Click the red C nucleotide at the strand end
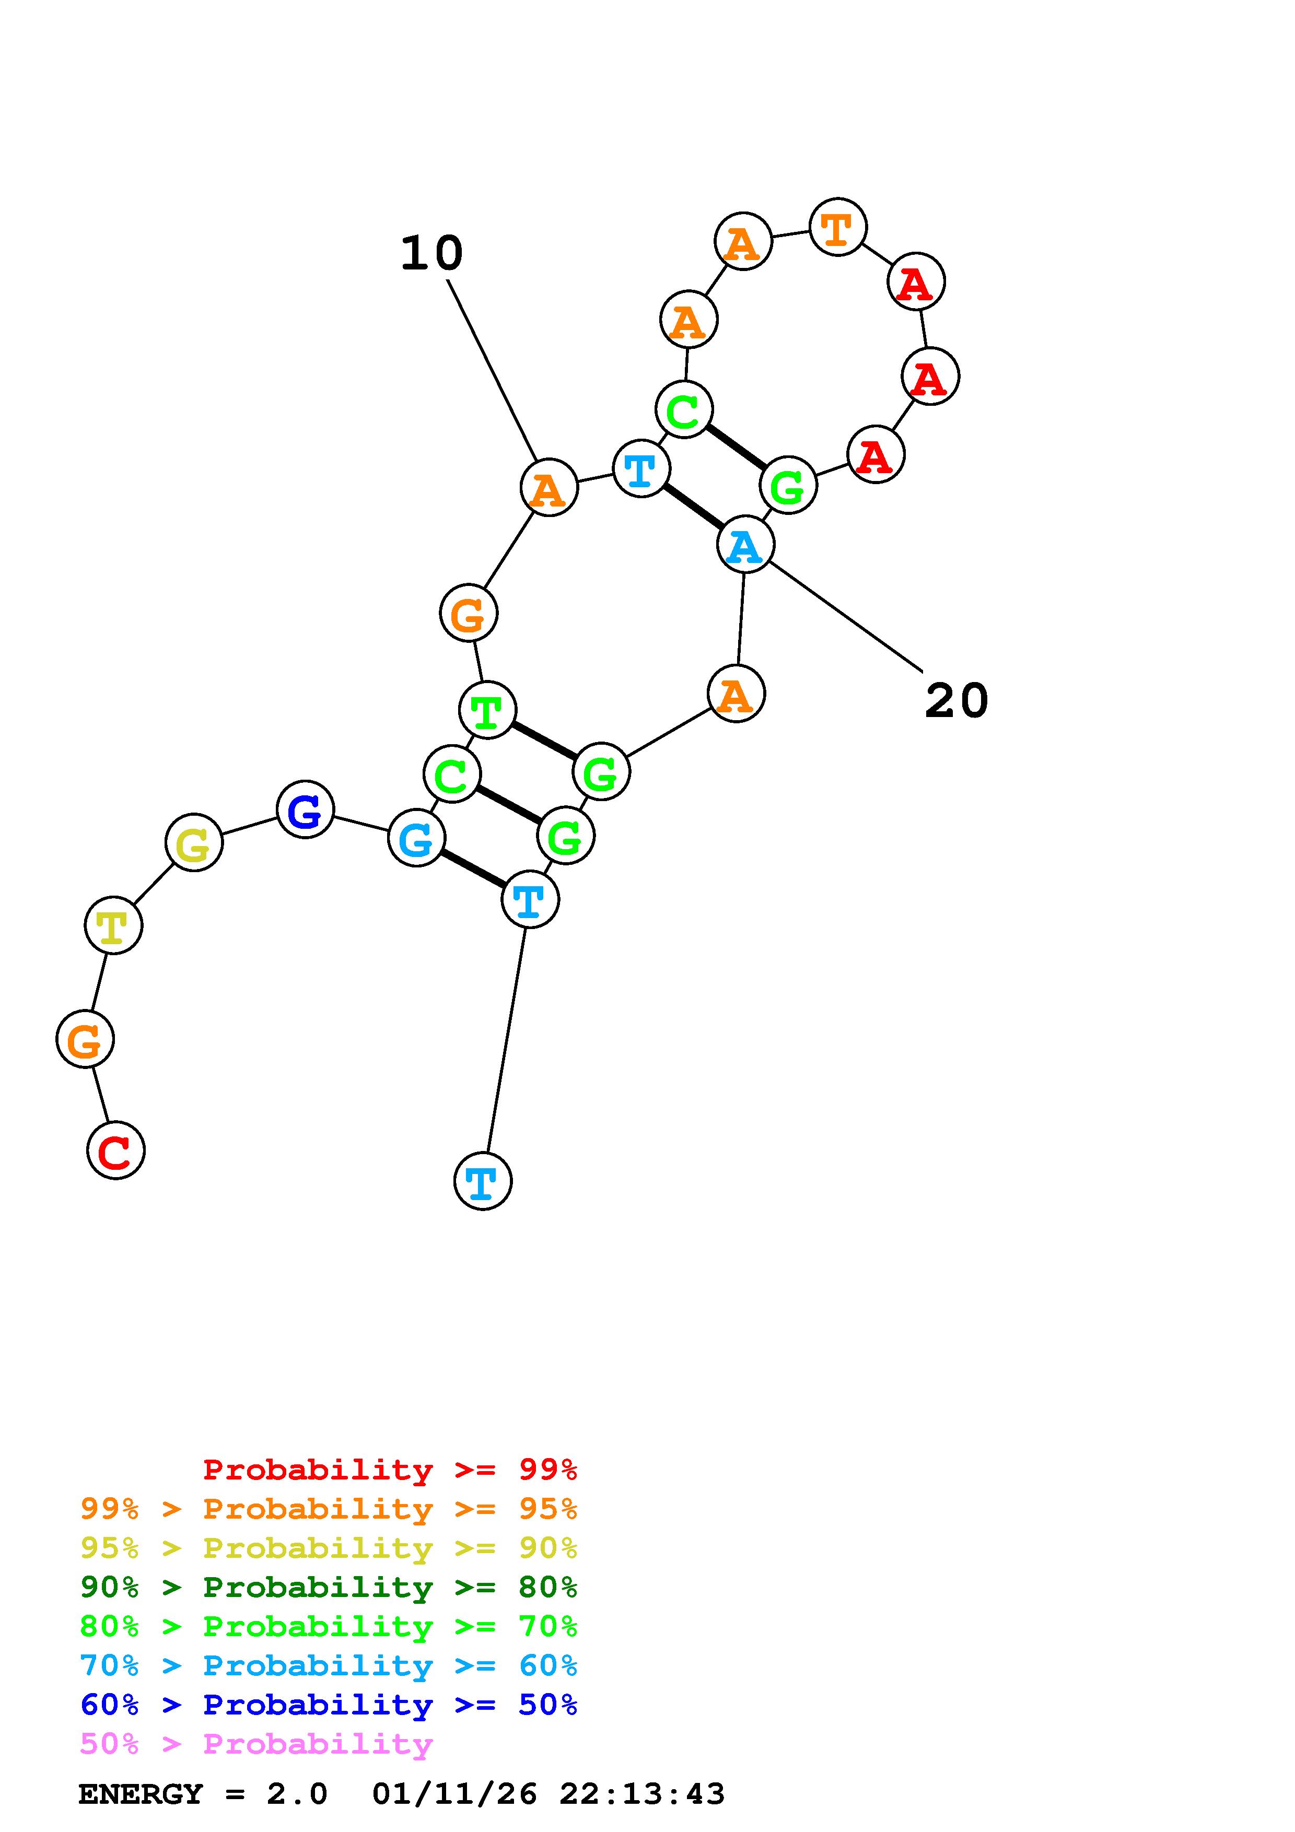coord(115,1150)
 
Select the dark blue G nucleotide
coord(305,810)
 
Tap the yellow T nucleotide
coord(113,925)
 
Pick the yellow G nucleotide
coord(194,842)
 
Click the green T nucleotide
coord(487,710)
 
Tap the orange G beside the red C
coord(85,1039)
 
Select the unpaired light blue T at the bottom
coord(483,1181)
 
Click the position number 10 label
coord(431,254)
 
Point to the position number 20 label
coord(956,700)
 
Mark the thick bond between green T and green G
coord(544,741)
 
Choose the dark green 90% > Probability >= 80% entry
coord(329,1587)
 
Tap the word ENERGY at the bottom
coord(141,1794)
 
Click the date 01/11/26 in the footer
coord(455,1794)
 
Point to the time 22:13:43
coord(643,1794)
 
